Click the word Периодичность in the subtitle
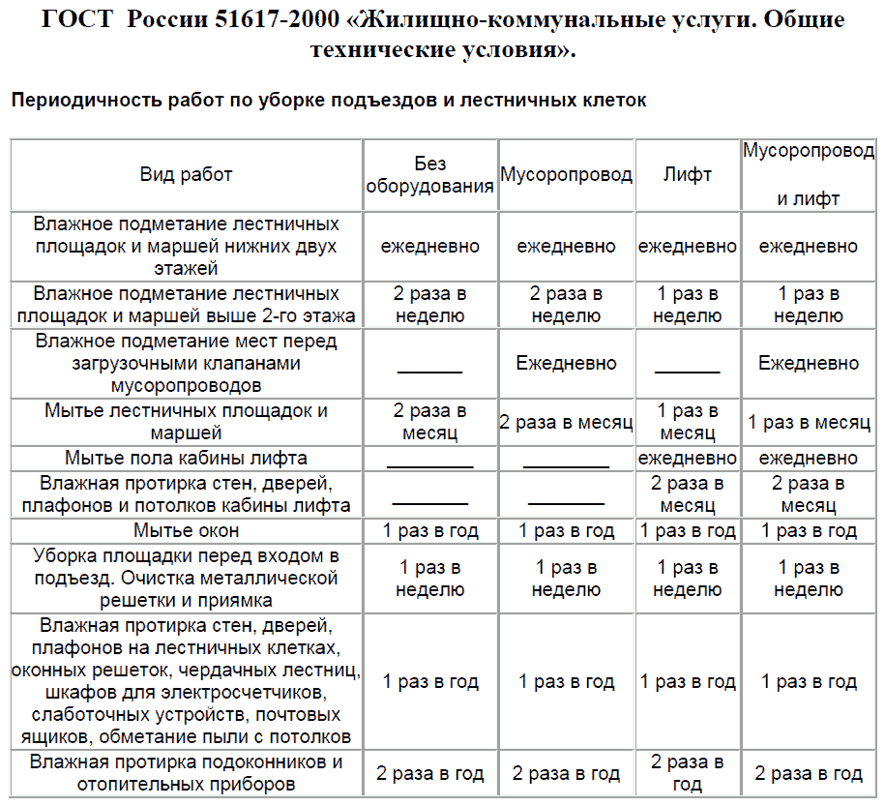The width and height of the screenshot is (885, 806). click(81, 100)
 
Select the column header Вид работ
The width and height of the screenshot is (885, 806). click(187, 174)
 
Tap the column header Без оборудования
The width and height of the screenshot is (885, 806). click(430, 175)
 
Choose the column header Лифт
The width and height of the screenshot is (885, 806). click(688, 174)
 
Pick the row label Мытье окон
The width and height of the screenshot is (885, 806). click(187, 530)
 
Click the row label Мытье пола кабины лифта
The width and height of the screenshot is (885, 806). click(187, 458)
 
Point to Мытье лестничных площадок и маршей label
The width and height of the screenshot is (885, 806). click(187, 421)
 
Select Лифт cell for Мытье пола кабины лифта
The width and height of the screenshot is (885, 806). click(688, 458)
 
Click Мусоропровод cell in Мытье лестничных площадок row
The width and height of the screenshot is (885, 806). click(566, 422)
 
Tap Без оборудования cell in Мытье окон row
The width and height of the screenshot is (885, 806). click(430, 530)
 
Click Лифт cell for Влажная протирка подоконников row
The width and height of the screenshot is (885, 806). click(688, 773)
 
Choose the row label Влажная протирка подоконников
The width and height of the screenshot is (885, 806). click(187, 773)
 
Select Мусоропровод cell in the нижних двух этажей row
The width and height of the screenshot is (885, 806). click(566, 247)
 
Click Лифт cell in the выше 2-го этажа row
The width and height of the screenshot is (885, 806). click(688, 305)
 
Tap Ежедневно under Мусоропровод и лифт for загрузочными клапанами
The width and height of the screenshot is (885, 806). click(809, 364)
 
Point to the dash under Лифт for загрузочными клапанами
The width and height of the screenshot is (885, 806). click(688, 371)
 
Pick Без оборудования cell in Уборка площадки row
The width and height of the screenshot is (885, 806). click(430, 579)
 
